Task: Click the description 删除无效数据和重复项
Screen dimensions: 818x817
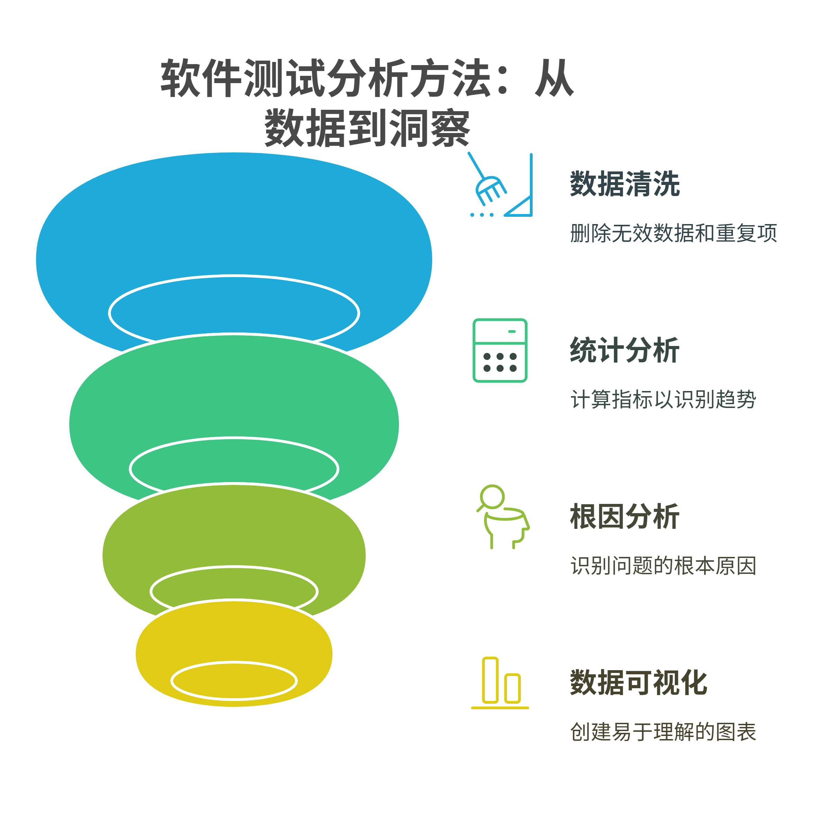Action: [673, 233]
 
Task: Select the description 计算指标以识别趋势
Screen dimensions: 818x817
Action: [663, 400]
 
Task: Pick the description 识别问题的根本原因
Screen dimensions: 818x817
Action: [663, 566]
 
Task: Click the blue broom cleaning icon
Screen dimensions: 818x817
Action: [500, 185]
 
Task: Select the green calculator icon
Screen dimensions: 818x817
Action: [500, 350]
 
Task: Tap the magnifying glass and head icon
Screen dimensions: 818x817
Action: [503, 516]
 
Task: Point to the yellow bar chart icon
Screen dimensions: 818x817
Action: [500, 683]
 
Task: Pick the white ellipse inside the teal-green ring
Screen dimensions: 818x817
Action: [234, 437]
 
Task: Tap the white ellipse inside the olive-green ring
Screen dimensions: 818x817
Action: [234, 566]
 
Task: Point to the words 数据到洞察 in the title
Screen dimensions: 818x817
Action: [367, 127]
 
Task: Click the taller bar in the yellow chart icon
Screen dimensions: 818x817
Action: [490, 680]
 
